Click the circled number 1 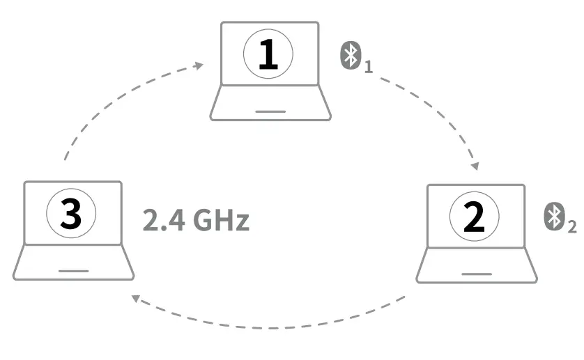[x=268, y=54]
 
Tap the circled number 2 [x=474, y=217]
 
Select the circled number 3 [x=71, y=214]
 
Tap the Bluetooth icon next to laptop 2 [x=554, y=217]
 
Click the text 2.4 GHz [x=196, y=221]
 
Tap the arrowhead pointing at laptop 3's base [x=137, y=300]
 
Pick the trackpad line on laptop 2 [x=476, y=274]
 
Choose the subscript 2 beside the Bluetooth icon [x=572, y=227]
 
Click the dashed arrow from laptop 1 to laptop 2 [x=432, y=104]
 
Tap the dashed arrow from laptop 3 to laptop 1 [x=105, y=104]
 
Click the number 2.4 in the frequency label [x=160, y=221]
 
